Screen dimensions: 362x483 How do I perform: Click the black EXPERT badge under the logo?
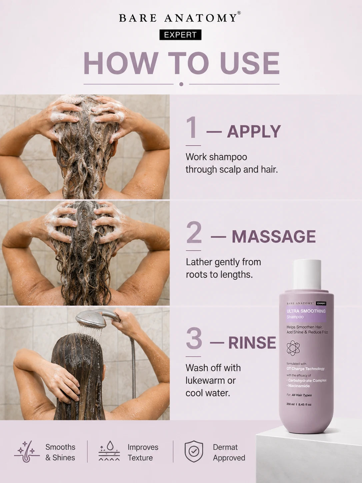[180, 35]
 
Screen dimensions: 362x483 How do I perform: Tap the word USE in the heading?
[250, 63]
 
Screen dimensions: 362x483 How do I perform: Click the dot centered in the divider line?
[181, 84]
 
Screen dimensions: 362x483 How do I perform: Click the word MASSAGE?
[274, 236]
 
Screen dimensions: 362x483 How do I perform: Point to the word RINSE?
[252, 343]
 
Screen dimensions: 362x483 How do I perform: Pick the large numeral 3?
[194, 338]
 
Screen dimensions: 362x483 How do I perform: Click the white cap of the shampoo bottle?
[307, 275]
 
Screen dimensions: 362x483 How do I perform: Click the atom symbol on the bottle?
[293, 348]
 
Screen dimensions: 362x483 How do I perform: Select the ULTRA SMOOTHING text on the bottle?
[306, 311]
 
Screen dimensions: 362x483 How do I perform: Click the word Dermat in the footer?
[225, 447]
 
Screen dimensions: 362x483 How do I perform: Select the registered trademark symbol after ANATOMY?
[239, 13]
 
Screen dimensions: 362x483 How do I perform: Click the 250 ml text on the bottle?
[290, 404]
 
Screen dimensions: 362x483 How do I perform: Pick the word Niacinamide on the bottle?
[299, 386]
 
